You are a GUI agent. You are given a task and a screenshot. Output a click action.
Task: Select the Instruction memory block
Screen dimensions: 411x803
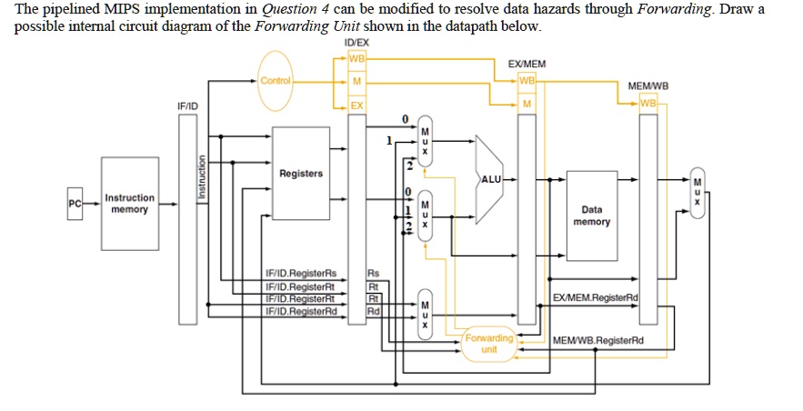130,203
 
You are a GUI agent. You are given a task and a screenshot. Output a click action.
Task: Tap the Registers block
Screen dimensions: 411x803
300,173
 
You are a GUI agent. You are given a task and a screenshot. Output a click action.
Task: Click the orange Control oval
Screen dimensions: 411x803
276,82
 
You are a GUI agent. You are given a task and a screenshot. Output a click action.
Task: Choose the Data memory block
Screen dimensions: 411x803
592,215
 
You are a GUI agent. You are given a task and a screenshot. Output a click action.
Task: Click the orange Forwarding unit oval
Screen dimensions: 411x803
489,344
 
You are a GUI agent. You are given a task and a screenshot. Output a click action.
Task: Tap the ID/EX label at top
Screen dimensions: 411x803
356,43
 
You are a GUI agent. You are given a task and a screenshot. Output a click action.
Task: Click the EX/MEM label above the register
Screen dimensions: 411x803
527,65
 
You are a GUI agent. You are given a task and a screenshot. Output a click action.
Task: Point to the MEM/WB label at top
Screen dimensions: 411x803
648,86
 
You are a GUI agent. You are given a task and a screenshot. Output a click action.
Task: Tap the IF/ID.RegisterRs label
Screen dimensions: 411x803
300,273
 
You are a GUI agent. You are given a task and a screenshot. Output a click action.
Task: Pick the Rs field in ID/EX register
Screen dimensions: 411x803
373,273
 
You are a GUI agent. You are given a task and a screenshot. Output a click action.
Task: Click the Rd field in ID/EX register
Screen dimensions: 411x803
372,311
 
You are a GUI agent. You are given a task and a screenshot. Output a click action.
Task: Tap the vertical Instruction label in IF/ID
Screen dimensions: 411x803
190,176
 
